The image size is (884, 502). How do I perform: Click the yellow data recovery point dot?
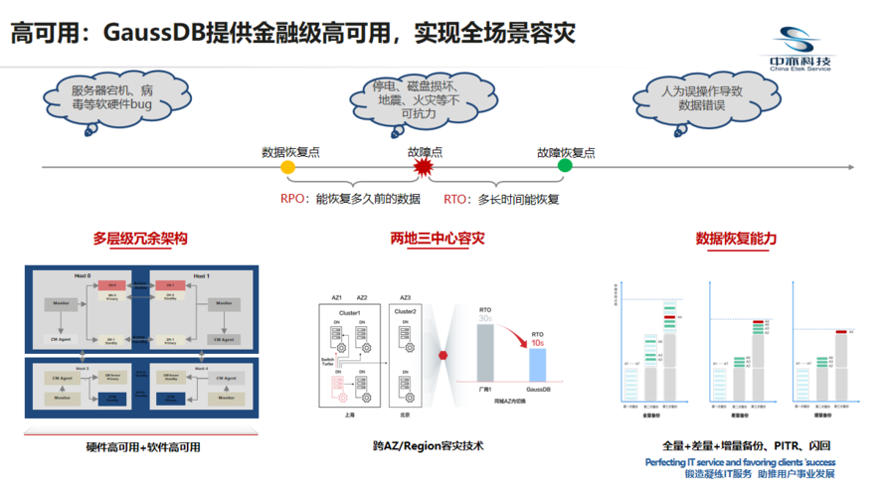point(288,168)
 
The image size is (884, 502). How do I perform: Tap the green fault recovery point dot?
point(565,166)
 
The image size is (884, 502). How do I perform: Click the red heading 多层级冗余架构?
point(140,239)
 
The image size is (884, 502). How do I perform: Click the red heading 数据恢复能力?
point(736,239)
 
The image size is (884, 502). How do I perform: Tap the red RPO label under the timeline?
point(292,200)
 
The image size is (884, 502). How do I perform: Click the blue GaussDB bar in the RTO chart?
point(537,364)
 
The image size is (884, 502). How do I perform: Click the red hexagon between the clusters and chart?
point(443,354)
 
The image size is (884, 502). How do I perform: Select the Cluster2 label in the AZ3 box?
point(406,311)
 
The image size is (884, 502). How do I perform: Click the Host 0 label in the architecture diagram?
point(82,275)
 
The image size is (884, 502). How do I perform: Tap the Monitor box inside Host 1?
point(224,302)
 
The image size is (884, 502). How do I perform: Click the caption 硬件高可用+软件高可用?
point(143,447)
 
